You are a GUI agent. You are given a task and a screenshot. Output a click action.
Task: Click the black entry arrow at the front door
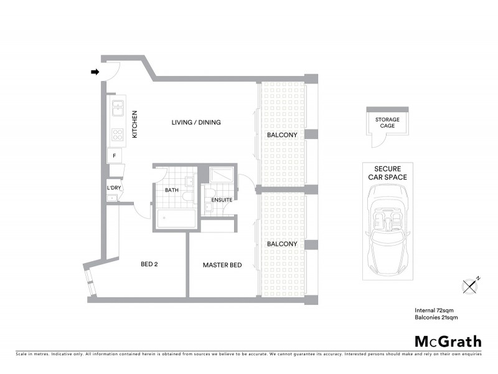(x=95, y=72)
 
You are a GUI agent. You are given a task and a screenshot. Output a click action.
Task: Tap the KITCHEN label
(x=134, y=124)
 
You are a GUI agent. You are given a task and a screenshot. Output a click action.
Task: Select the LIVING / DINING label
(x=196, y=122)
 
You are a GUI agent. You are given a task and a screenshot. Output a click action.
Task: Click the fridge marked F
(x=115, y=156)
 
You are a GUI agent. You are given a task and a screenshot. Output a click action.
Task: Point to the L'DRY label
(x=114, y=188)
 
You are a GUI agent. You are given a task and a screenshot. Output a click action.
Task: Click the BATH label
(x=172, y=190)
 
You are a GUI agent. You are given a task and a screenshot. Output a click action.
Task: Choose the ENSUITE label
(x=222, y=200)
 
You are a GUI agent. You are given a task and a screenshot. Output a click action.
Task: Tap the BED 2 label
(x=149, y=264)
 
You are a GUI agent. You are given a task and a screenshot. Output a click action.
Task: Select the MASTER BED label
(x=222, y=266)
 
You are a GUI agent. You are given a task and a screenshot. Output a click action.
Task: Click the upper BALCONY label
(x=282, y=135)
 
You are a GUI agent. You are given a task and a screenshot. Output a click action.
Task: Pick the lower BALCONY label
(x=282, y=244)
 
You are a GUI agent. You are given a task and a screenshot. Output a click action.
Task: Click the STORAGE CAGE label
(x=387, y=123)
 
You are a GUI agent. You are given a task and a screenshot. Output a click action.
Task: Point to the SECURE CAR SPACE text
(x=387, y=173)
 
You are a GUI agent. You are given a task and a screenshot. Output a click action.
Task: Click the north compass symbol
(x=472, y=285)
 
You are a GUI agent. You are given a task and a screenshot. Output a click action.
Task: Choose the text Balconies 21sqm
(x=436, y=318)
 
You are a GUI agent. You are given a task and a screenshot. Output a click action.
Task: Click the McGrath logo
(x=448, y=341)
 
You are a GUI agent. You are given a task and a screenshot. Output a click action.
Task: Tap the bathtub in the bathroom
(x=176, y=219)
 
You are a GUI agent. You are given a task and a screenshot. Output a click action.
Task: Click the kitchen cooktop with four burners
(x=116, y=134)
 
